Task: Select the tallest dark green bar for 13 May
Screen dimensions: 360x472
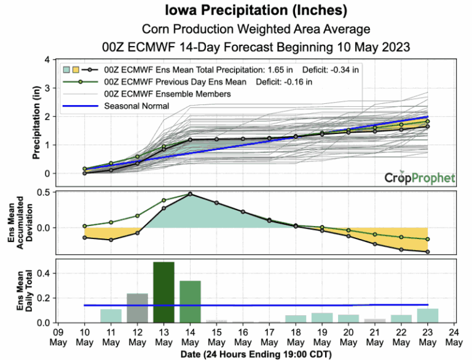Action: point(163,292)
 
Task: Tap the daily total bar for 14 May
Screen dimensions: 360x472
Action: point(190,302)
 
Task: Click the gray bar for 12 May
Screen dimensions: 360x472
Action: point(137,308)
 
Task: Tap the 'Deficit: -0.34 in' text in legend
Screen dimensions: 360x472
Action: point(329,69)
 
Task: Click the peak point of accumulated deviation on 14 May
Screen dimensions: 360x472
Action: point(190,194)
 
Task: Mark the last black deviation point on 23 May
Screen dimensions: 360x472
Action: point(427,252)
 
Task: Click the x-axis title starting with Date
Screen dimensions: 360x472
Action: point(256,354)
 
